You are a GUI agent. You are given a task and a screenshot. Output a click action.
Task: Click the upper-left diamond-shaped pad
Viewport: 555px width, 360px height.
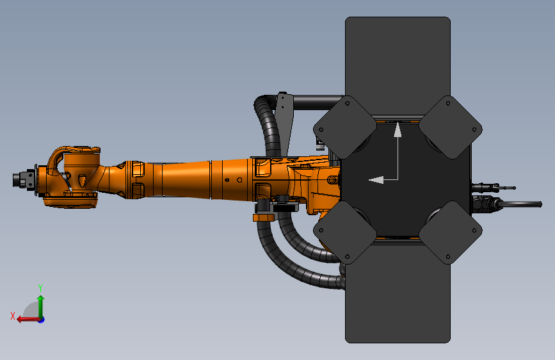[346, 127]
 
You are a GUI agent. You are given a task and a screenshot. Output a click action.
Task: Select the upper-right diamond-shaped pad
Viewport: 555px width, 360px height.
[450, 127]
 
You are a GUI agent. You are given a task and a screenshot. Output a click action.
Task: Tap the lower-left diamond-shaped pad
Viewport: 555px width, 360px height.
[345, 232]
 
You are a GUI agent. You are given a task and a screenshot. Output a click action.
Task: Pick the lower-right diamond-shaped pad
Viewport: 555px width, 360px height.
[450, 232]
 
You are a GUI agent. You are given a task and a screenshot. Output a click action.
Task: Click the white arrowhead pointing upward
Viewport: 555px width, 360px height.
[398, 130]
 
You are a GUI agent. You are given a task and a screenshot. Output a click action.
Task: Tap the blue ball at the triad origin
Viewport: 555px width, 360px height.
[41, 319]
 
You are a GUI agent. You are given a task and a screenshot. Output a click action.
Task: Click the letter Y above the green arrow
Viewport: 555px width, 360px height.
[40, 288]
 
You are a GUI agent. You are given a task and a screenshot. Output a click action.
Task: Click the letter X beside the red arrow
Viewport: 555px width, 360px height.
[13, 315]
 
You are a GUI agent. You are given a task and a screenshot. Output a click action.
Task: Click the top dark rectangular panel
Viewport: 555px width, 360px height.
[398, 58]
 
